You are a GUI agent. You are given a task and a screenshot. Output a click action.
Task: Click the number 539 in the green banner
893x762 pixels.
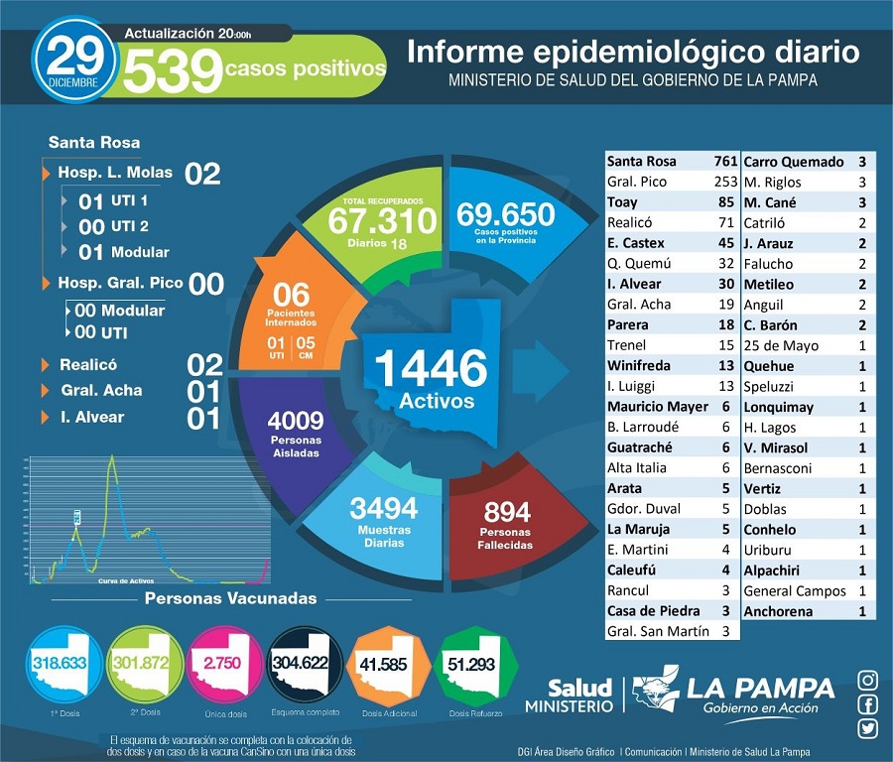[x=172, y=69]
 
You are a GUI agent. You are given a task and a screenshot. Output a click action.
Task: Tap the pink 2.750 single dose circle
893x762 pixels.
[x=220, y=662]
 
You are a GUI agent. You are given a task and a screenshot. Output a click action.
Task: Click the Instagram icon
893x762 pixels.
[x=867, y=680]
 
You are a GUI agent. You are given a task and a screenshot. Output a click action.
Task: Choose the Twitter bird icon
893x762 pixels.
[x=867, y=729]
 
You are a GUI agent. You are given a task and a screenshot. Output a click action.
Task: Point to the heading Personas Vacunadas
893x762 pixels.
[x=230, y=598]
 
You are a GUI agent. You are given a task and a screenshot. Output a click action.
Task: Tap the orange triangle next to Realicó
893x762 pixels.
[x=46, y=365]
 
